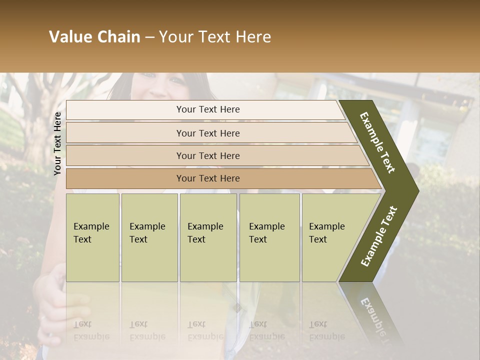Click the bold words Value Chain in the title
(x=94, y=37)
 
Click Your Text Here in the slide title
(x=215, y=37)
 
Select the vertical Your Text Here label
(x=57, y=143)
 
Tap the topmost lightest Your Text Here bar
(x=207, y=109)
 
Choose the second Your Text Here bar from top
(x=207, y=133)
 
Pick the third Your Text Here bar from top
(x=207, y=155)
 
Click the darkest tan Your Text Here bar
(x=207, y=178)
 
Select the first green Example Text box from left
(x=92, y=237)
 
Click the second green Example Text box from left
(x=149, y=237)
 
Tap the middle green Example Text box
(x=208, y=237)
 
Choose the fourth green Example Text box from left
(x=269, y=237)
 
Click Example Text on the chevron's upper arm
(x=378, y=142)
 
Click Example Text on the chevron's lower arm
(x=379, y=236)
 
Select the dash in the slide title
(x=149, y=37)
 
